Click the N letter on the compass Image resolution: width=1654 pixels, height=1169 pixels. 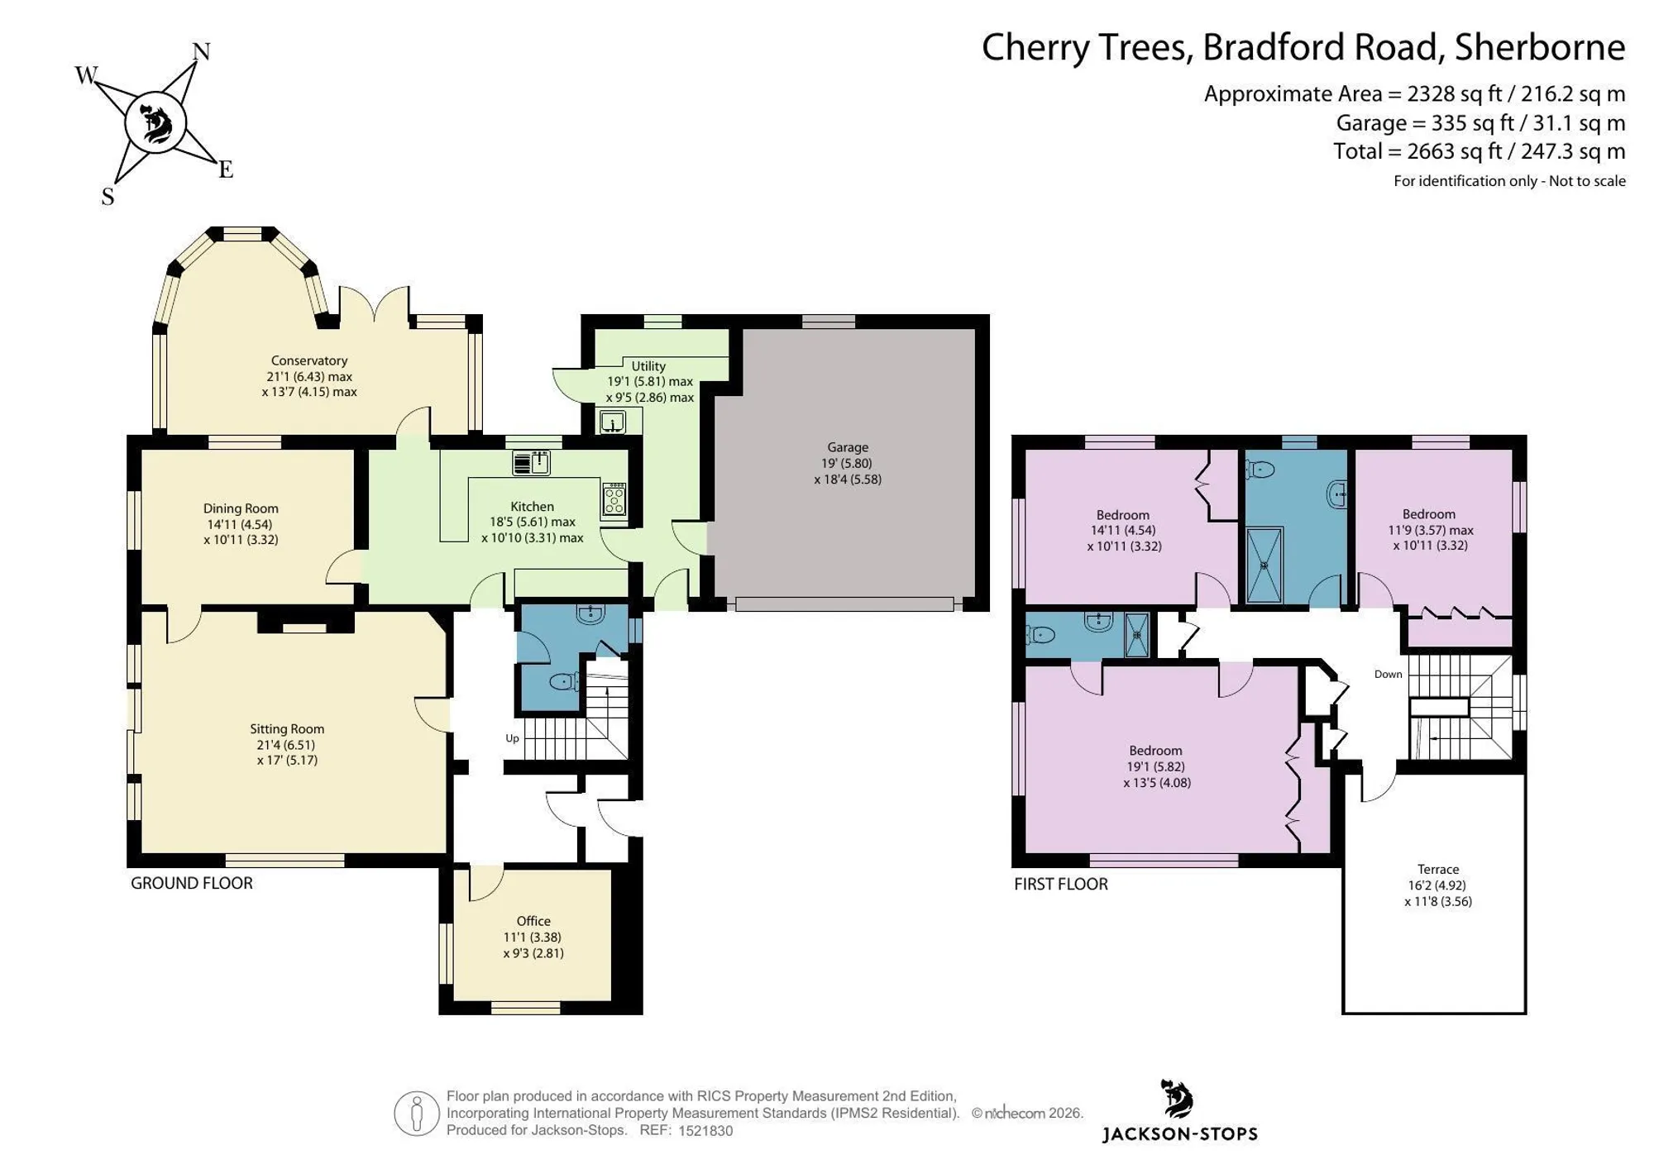pos(201,52)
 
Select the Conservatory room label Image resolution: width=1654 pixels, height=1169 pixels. pos(309,360)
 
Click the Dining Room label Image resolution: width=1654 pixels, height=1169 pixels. pos(241,508)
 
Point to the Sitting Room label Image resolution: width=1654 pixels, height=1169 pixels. pos(287,729)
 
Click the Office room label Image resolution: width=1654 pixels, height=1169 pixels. pos(533,921)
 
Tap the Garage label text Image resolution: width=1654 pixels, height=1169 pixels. pos(848,448)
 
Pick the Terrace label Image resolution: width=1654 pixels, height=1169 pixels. pos(1438,870)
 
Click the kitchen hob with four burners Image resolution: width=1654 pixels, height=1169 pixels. pos(614,500)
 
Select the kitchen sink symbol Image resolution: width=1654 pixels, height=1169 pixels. pos(531,463)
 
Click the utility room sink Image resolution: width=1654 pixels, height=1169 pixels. pos(612,422)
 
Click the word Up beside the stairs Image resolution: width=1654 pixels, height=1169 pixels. pos(513,738)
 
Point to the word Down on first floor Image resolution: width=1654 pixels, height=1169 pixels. pos(1389,674)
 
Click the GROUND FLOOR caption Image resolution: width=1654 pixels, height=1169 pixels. pos(192,883)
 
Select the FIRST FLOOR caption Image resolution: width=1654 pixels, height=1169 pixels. pos(1061,884)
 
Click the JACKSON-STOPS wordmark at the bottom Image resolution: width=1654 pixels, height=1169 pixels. pos(1180,1134)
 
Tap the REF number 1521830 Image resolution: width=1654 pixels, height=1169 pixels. pos(705,1131)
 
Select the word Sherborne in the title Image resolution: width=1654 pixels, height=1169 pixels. pos(1540,47)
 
